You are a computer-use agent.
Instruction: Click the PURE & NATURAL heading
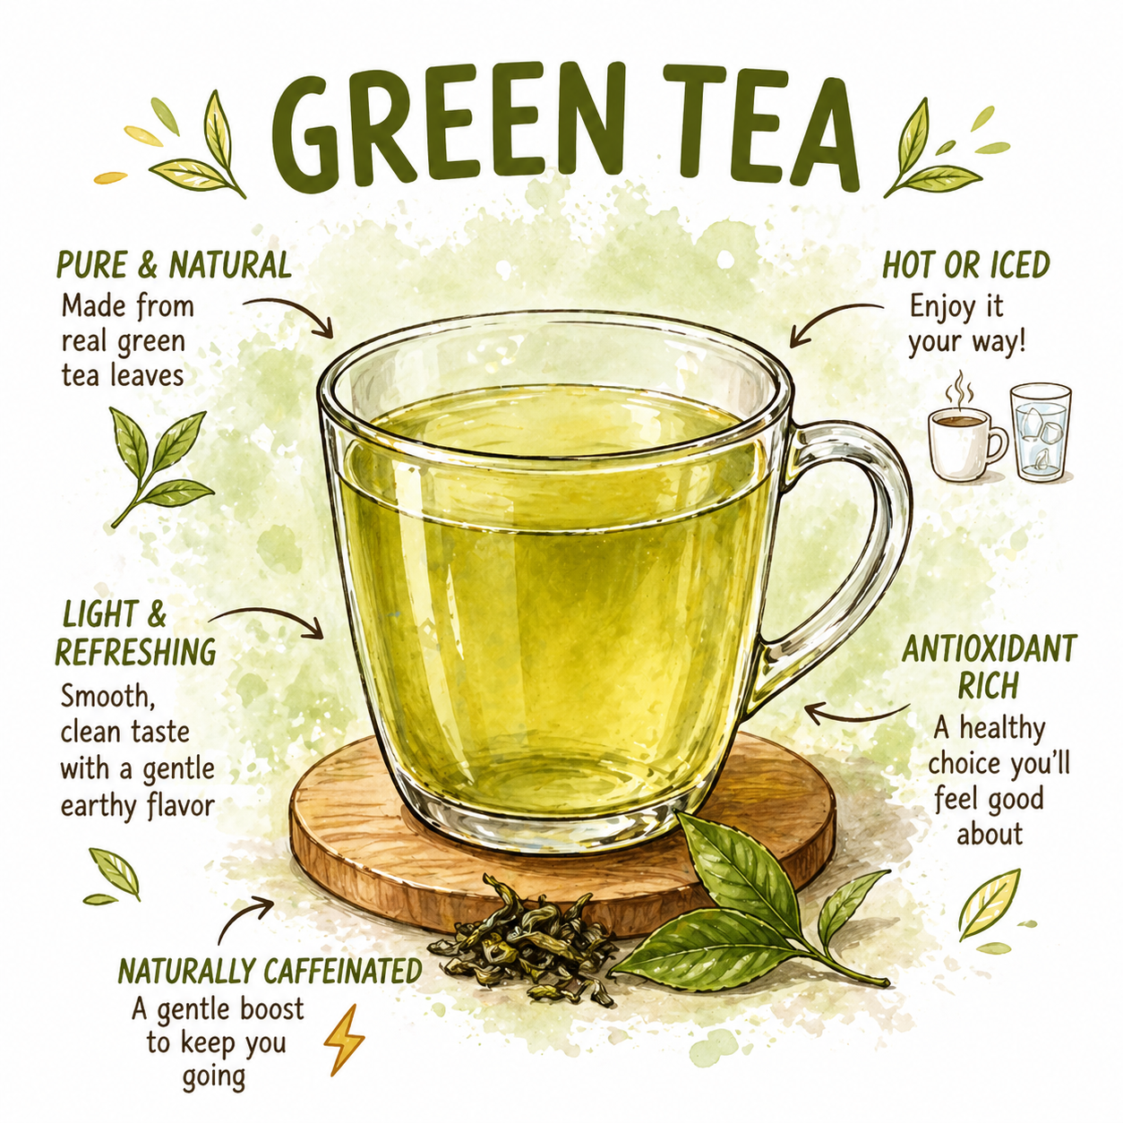coord(174,266)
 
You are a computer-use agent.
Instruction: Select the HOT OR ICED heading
coord(965,266)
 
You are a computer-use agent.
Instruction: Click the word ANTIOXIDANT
coord(989,648)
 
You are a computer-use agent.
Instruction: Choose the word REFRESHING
coord(136,652)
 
